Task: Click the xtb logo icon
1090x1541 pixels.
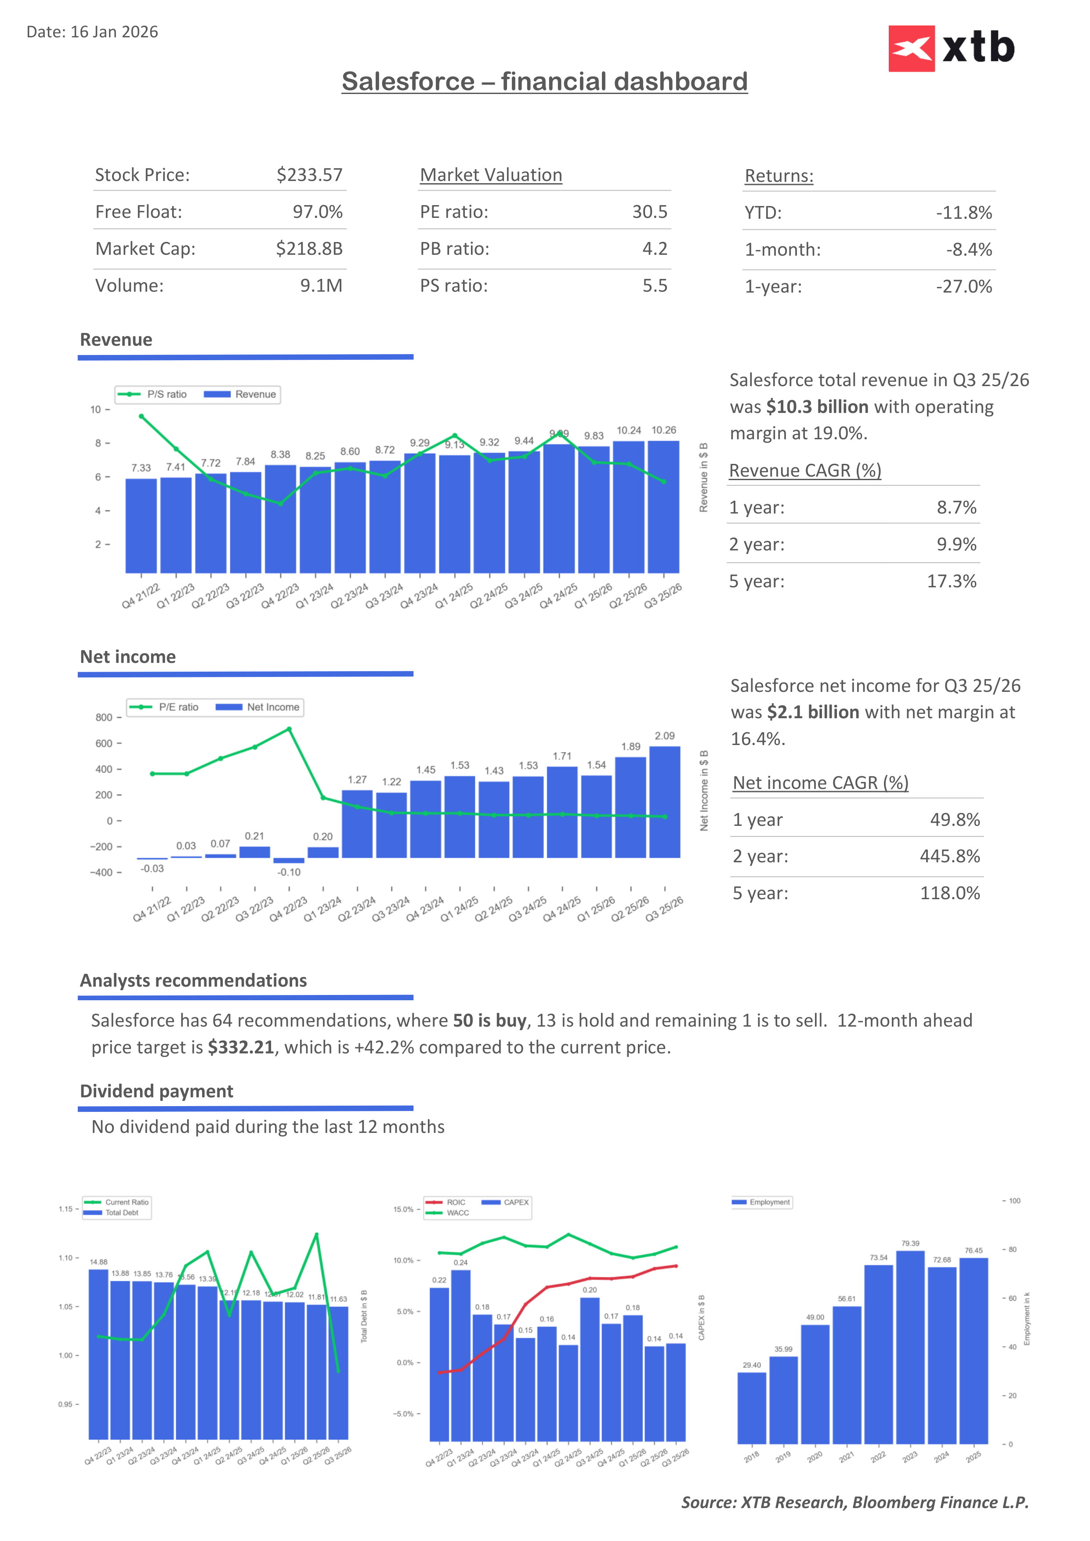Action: pyautogui.click(x=911, y=48)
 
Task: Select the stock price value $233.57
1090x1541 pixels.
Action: pyautogui.click(x=309, y=175)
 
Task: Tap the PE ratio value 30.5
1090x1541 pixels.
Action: pyautogui.click(x=649, y=212)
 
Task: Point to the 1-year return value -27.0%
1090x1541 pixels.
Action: pyautogui.click(x=964, y=286)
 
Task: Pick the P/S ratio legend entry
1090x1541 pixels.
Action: pyautogui.click(x=152, y=394)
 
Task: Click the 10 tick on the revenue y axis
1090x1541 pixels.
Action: pyautogui.click(x=95, y=409)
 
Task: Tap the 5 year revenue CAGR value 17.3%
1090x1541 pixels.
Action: pyautogui.click(x=951, y=581)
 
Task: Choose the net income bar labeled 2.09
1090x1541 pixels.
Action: pyautogui.click(x=664, y=802)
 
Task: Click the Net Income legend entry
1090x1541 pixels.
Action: pyautogui.click(x=258, y=707)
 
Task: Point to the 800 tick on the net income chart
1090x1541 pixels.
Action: pyautogui.click(x=104, y=717)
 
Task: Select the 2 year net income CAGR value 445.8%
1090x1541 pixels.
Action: pyautogui.click(x=949, y=857)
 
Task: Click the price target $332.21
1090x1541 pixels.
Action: pyautogui.click(x=241, y=1048)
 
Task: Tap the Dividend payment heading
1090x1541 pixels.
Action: pyautogui.click(x=156, y=1091)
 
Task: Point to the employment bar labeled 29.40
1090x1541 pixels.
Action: pyautogui.click(x=752, y=1408)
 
